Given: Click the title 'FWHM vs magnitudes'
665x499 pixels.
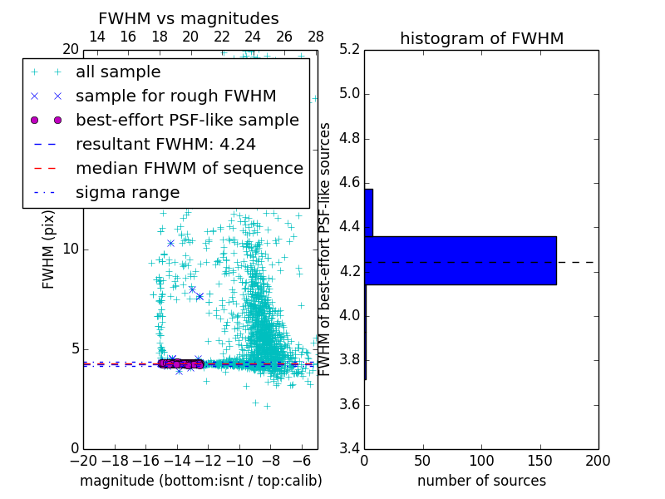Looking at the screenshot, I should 189,19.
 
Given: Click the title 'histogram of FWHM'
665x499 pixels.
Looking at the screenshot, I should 481,38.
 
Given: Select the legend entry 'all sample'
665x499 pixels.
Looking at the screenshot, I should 118,72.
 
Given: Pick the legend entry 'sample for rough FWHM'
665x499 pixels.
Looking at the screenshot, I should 175,96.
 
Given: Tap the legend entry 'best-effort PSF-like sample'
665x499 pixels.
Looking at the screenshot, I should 187,121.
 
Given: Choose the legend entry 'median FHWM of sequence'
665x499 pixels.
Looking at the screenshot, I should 189,169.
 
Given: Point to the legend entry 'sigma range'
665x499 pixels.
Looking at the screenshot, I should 127,193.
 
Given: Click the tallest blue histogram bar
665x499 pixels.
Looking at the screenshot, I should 460,260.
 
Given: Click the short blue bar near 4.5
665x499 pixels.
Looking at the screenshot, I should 368,212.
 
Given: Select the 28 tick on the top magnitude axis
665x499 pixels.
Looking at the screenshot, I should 316,37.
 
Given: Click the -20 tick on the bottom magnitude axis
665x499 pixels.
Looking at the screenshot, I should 83,461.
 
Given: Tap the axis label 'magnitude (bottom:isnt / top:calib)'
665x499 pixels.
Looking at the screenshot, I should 200,481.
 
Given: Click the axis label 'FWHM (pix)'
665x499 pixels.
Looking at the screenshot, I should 49,249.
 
